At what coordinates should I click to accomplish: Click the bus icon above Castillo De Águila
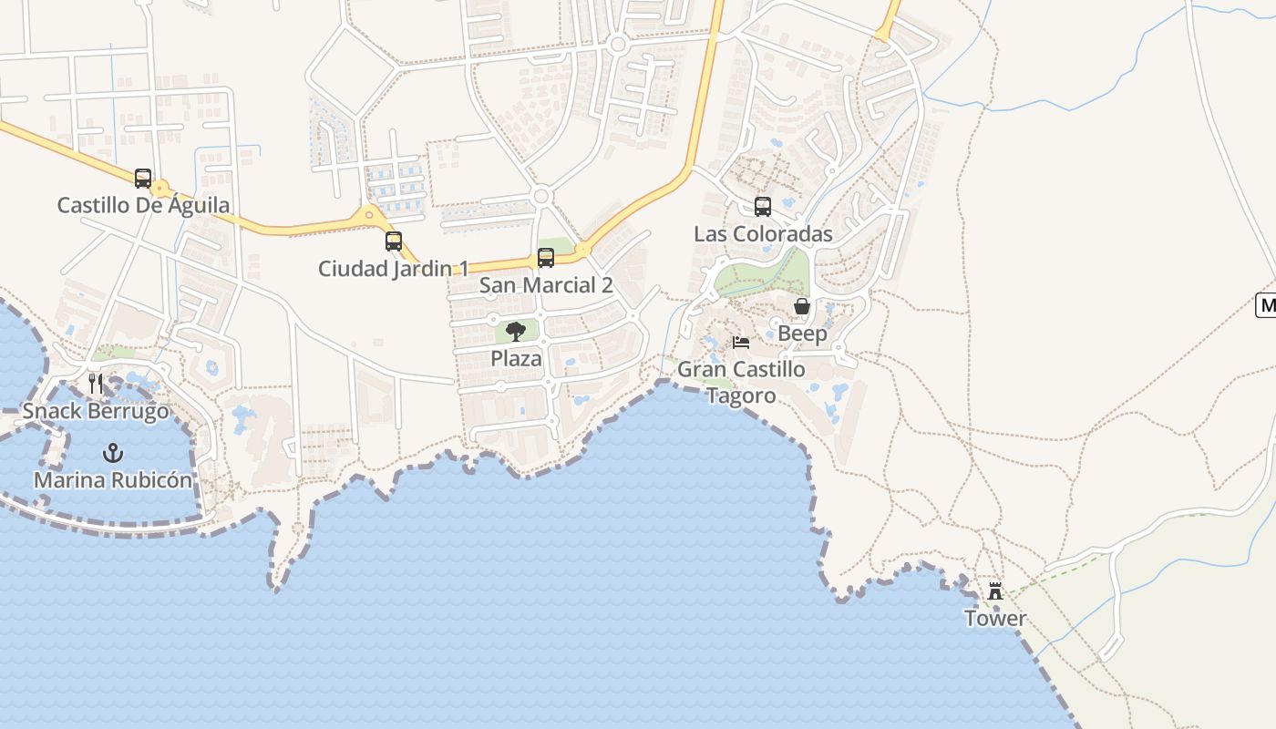[143, 179]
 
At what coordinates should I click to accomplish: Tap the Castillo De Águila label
[143, 205]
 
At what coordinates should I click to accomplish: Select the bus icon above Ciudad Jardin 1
[394, 241]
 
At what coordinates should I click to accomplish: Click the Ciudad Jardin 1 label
[393, 269]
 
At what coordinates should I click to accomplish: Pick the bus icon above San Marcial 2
[546, 258]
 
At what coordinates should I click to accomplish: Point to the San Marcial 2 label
[546, 285]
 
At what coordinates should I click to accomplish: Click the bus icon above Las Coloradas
[763, 207]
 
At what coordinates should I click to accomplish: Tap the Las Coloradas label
[763, 234]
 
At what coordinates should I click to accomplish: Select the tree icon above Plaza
[516, 332]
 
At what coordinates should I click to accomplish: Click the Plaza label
[516, 359]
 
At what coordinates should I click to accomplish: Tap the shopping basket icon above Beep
[802, 306]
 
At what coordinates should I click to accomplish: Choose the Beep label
[802, 334]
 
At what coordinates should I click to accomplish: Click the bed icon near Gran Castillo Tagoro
[741, 343]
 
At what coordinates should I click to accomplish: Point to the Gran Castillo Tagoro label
[741, 382]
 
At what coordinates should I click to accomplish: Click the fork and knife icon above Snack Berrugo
[96, 384]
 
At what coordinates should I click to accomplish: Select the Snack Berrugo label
[96, 411]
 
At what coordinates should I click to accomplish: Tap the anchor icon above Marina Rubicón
[113, 452]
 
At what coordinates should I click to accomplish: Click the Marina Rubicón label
[113, 480]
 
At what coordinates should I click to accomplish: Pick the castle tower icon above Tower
[995, 591]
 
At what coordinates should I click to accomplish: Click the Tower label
[995, 619]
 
